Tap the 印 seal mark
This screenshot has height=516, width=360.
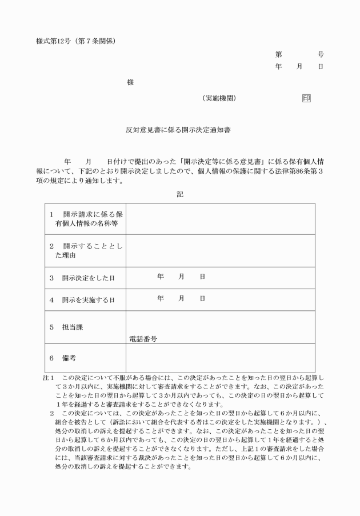pos(306,98)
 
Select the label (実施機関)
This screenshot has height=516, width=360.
pos(219,98)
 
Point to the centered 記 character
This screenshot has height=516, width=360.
pos(180,194)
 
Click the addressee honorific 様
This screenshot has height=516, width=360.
pos(130,82)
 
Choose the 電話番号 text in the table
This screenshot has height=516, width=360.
pos(143,338)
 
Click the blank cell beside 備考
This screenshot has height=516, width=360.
pos(220,358)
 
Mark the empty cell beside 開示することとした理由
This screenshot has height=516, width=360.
pos(220,251)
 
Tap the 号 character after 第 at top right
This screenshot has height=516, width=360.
pos(321,55)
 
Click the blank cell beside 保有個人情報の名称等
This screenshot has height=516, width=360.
pos(220,218)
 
